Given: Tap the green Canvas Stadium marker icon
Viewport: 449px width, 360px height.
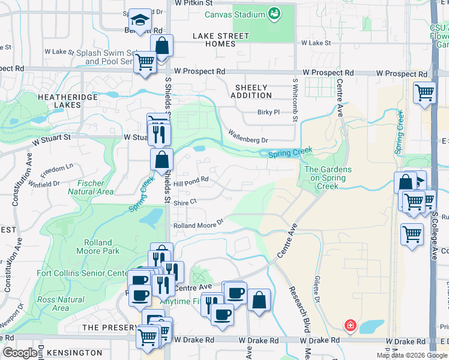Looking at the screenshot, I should click(274, 13).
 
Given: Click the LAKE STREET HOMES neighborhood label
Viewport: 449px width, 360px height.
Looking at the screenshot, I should click(221, 40).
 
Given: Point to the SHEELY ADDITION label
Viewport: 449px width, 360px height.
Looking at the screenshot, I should click(251, 92).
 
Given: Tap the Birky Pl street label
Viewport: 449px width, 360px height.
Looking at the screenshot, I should click(268, 112).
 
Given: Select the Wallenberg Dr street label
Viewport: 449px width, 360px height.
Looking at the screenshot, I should click(248, 136).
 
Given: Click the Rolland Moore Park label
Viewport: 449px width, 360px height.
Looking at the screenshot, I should click(98, 247).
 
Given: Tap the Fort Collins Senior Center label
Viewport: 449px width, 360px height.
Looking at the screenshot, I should click(81, 274).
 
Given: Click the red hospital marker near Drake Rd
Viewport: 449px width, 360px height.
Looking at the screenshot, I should click(349, 326).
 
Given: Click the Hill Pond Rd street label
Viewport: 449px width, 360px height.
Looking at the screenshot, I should click(191, 179).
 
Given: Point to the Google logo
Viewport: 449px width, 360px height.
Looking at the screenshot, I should click(20, 353).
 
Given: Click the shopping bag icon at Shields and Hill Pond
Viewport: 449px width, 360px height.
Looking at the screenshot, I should click(162, 160).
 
